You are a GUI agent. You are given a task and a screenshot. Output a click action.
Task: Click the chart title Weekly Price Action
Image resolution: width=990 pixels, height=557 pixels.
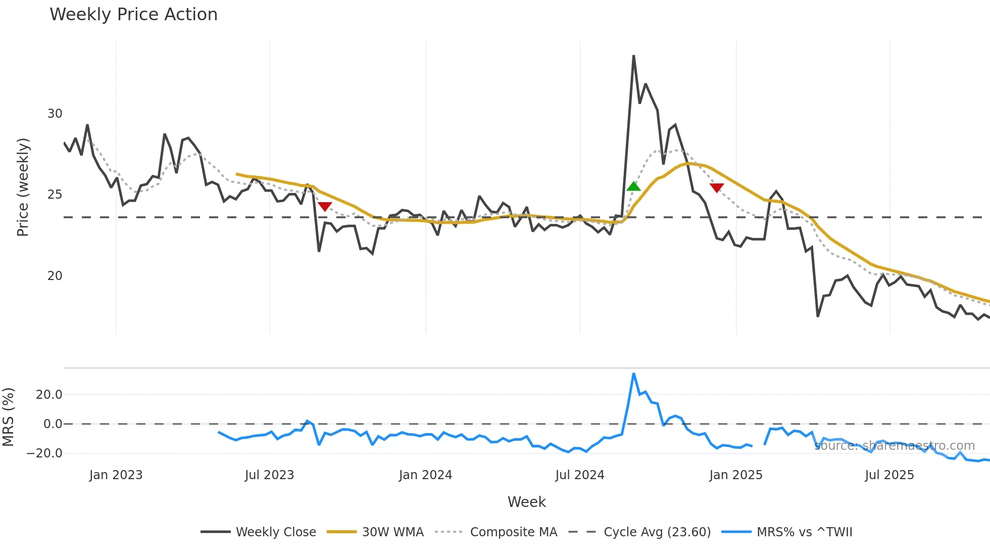point(133,15)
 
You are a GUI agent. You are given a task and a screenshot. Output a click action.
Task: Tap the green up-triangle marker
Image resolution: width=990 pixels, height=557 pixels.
point(633,187)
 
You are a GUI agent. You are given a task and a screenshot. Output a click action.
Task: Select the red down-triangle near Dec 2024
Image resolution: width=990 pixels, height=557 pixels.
point(716,188)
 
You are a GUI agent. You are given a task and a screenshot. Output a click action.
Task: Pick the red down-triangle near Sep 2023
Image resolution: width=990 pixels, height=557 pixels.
point(325,206)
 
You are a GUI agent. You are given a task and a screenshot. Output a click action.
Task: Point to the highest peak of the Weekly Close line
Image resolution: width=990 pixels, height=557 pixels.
point(633,56)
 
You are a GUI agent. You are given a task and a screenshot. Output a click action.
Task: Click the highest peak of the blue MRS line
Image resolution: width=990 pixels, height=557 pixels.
point(633,374)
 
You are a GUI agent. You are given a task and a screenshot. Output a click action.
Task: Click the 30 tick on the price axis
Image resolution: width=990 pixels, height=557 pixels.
point(55,114)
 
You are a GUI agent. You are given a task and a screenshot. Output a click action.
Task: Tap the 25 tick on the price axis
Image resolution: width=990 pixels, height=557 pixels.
point(55,195)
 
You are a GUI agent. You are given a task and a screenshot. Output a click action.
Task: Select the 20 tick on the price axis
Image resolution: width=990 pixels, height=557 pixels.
point(55,276)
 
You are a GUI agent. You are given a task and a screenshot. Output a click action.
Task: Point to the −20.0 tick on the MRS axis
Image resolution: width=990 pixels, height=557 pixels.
point(44,453)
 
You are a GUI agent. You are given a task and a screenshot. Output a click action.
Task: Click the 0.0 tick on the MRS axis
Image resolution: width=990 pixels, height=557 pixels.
point(53,424)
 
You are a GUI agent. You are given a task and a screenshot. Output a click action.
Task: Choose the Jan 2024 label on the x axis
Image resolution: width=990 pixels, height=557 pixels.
point(425,475)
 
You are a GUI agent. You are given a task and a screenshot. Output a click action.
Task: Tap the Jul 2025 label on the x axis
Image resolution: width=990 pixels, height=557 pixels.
point(889,475)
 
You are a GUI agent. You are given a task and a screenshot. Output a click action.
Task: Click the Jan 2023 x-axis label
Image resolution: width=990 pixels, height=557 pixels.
point(116,475)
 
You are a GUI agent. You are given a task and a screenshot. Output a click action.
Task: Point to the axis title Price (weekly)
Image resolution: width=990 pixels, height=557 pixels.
point(23,187)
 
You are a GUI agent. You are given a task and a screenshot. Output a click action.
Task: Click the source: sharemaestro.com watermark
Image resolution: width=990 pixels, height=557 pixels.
point(895,446)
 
